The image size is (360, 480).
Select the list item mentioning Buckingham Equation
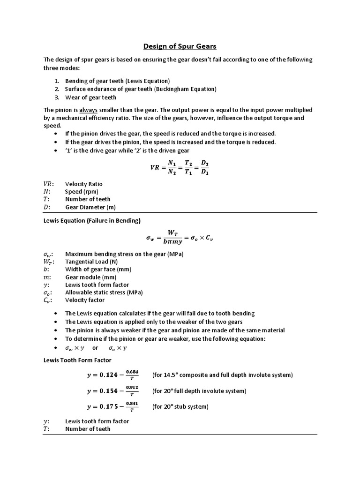(141, 89)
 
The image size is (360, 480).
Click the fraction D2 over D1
(204, 168)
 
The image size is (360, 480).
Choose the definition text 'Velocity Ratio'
(83, 184)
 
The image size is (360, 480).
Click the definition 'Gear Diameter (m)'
(90, 207)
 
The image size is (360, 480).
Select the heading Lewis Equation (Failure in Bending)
(92, 220)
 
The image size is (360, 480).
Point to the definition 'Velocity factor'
(85, 300)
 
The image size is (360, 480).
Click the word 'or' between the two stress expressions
(95, 348)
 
